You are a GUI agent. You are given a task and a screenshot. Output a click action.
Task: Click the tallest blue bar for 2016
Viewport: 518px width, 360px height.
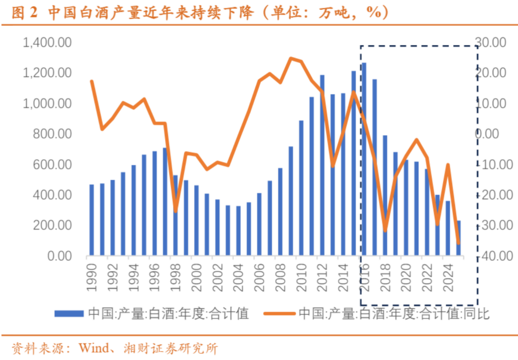[364, 159]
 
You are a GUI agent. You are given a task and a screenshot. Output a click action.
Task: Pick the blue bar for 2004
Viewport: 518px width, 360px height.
[238, 231]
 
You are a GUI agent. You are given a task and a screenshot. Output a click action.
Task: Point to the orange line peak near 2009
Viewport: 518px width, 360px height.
[291, 58]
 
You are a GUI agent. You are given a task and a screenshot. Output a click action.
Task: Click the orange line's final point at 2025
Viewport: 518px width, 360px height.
[459, 243]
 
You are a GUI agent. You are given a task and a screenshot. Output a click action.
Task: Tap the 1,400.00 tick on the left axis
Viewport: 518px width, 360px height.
[47, 43]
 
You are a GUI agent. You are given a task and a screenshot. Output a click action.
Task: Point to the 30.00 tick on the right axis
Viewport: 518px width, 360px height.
[489, 43]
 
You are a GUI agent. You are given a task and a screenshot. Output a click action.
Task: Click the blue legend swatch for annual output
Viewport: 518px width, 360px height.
[69, 314]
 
